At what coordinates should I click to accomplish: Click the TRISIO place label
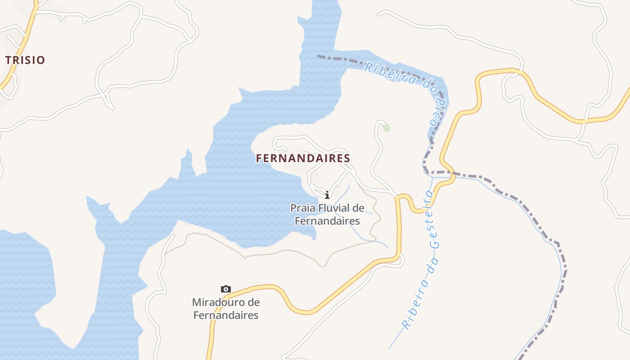25,60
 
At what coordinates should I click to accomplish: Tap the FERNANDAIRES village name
303,158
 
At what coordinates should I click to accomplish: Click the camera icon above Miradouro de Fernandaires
226,289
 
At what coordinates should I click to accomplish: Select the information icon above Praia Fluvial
327,195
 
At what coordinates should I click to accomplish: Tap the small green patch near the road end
386,128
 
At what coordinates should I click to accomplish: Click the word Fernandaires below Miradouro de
226,315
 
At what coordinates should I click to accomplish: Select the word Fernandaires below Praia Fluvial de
327,221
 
